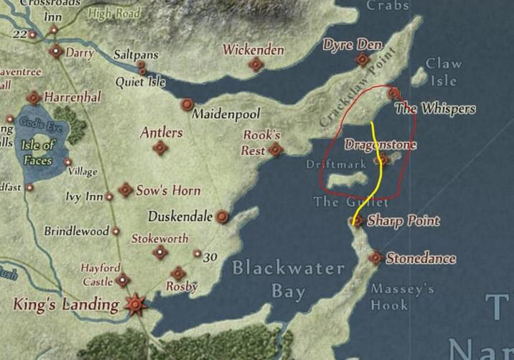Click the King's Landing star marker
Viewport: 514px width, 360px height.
[135, 304]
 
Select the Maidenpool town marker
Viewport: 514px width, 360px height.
[187, 105]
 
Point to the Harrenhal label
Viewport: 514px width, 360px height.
[73, 96]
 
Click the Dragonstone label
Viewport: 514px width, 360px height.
[380, 144]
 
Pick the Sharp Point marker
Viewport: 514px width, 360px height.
[358, 222]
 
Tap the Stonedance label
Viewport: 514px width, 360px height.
[421, 258]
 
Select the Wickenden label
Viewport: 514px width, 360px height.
[253, 50]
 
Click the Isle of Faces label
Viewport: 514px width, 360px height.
[39, 153]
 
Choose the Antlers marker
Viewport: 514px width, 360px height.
[160, 148]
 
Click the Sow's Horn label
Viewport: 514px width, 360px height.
[169, 190]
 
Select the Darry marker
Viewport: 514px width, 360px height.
[55, 51]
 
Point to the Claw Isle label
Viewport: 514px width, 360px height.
[444, 70]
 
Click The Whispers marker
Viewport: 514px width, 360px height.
[393, 93]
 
